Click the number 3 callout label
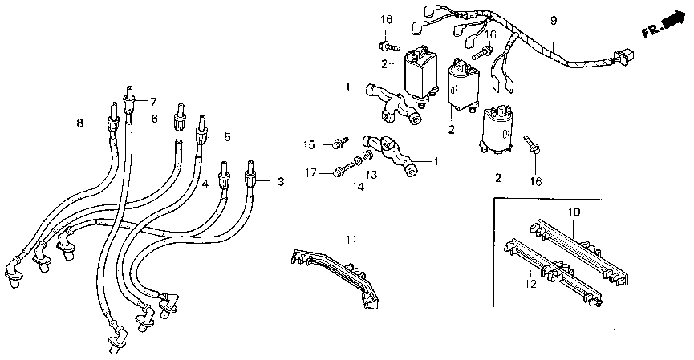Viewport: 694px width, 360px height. coord(281,183)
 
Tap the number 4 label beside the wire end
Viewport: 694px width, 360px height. coord(205,184)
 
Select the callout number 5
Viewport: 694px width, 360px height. coord(227,137)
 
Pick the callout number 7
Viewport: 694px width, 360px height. coord(144,100)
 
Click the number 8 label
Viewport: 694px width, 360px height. coord(79,123)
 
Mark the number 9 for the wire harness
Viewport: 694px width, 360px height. coord(553,20)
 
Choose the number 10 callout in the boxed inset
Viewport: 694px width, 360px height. coord(574,212)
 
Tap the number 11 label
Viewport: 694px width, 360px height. coord(350,240)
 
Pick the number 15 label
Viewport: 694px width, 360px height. coord(310,144)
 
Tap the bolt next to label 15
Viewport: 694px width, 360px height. coord(339,144)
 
